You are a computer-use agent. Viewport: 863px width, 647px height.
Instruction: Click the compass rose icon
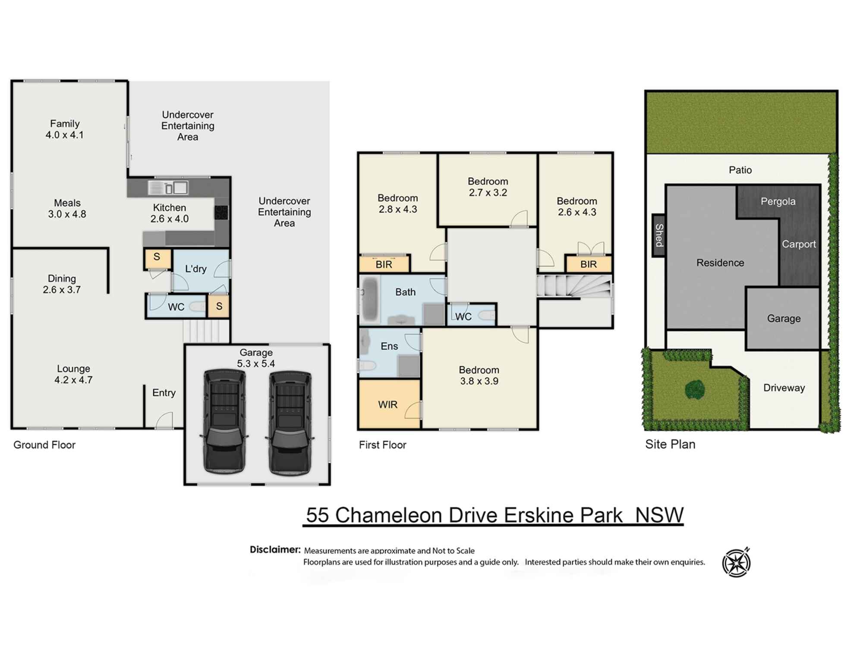point(737,562)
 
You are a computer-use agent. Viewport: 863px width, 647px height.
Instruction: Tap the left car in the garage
point(224,421)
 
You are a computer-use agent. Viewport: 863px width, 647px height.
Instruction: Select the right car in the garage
point(290,423)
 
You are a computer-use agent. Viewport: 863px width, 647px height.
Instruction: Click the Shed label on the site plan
point(659,235)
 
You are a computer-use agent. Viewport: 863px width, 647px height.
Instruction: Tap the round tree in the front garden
point(695,390)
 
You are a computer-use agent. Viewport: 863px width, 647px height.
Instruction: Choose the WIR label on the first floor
point(387,405)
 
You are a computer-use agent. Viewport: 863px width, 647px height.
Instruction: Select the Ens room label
point(389,346)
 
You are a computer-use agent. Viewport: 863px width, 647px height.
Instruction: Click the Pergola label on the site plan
point(778,201)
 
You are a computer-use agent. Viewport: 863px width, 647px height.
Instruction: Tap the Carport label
point(799,244)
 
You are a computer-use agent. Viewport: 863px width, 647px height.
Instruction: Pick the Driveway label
point(784,388)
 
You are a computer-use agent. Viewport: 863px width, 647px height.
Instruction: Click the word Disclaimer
point(275,550)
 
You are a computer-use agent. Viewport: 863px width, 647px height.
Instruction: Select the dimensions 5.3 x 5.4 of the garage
point(256,364)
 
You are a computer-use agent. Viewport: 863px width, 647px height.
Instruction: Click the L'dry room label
point(196,269)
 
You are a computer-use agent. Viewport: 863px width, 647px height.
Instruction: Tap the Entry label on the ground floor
point(164,393)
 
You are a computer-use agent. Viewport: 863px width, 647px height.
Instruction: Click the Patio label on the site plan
point(740,170)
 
